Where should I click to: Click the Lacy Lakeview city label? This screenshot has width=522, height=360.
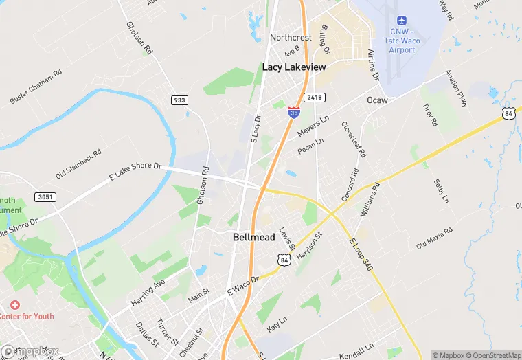pos(295,67)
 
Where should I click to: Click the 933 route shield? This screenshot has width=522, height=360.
pos(179,100)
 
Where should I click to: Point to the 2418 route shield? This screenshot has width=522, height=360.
pos(315,98)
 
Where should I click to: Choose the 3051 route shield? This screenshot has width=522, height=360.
pos(45,197)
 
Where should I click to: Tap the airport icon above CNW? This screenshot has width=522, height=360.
pos(402,20)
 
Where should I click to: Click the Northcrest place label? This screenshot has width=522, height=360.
pos(291,37)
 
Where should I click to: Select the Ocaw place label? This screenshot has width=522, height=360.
pos(377,100)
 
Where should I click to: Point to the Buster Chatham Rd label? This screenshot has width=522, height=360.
pos(36,87)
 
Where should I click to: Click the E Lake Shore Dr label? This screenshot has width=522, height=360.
pos(135,172)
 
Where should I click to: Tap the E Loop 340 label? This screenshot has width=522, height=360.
pos(360,254)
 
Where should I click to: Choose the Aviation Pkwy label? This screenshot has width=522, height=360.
pos(456,89)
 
